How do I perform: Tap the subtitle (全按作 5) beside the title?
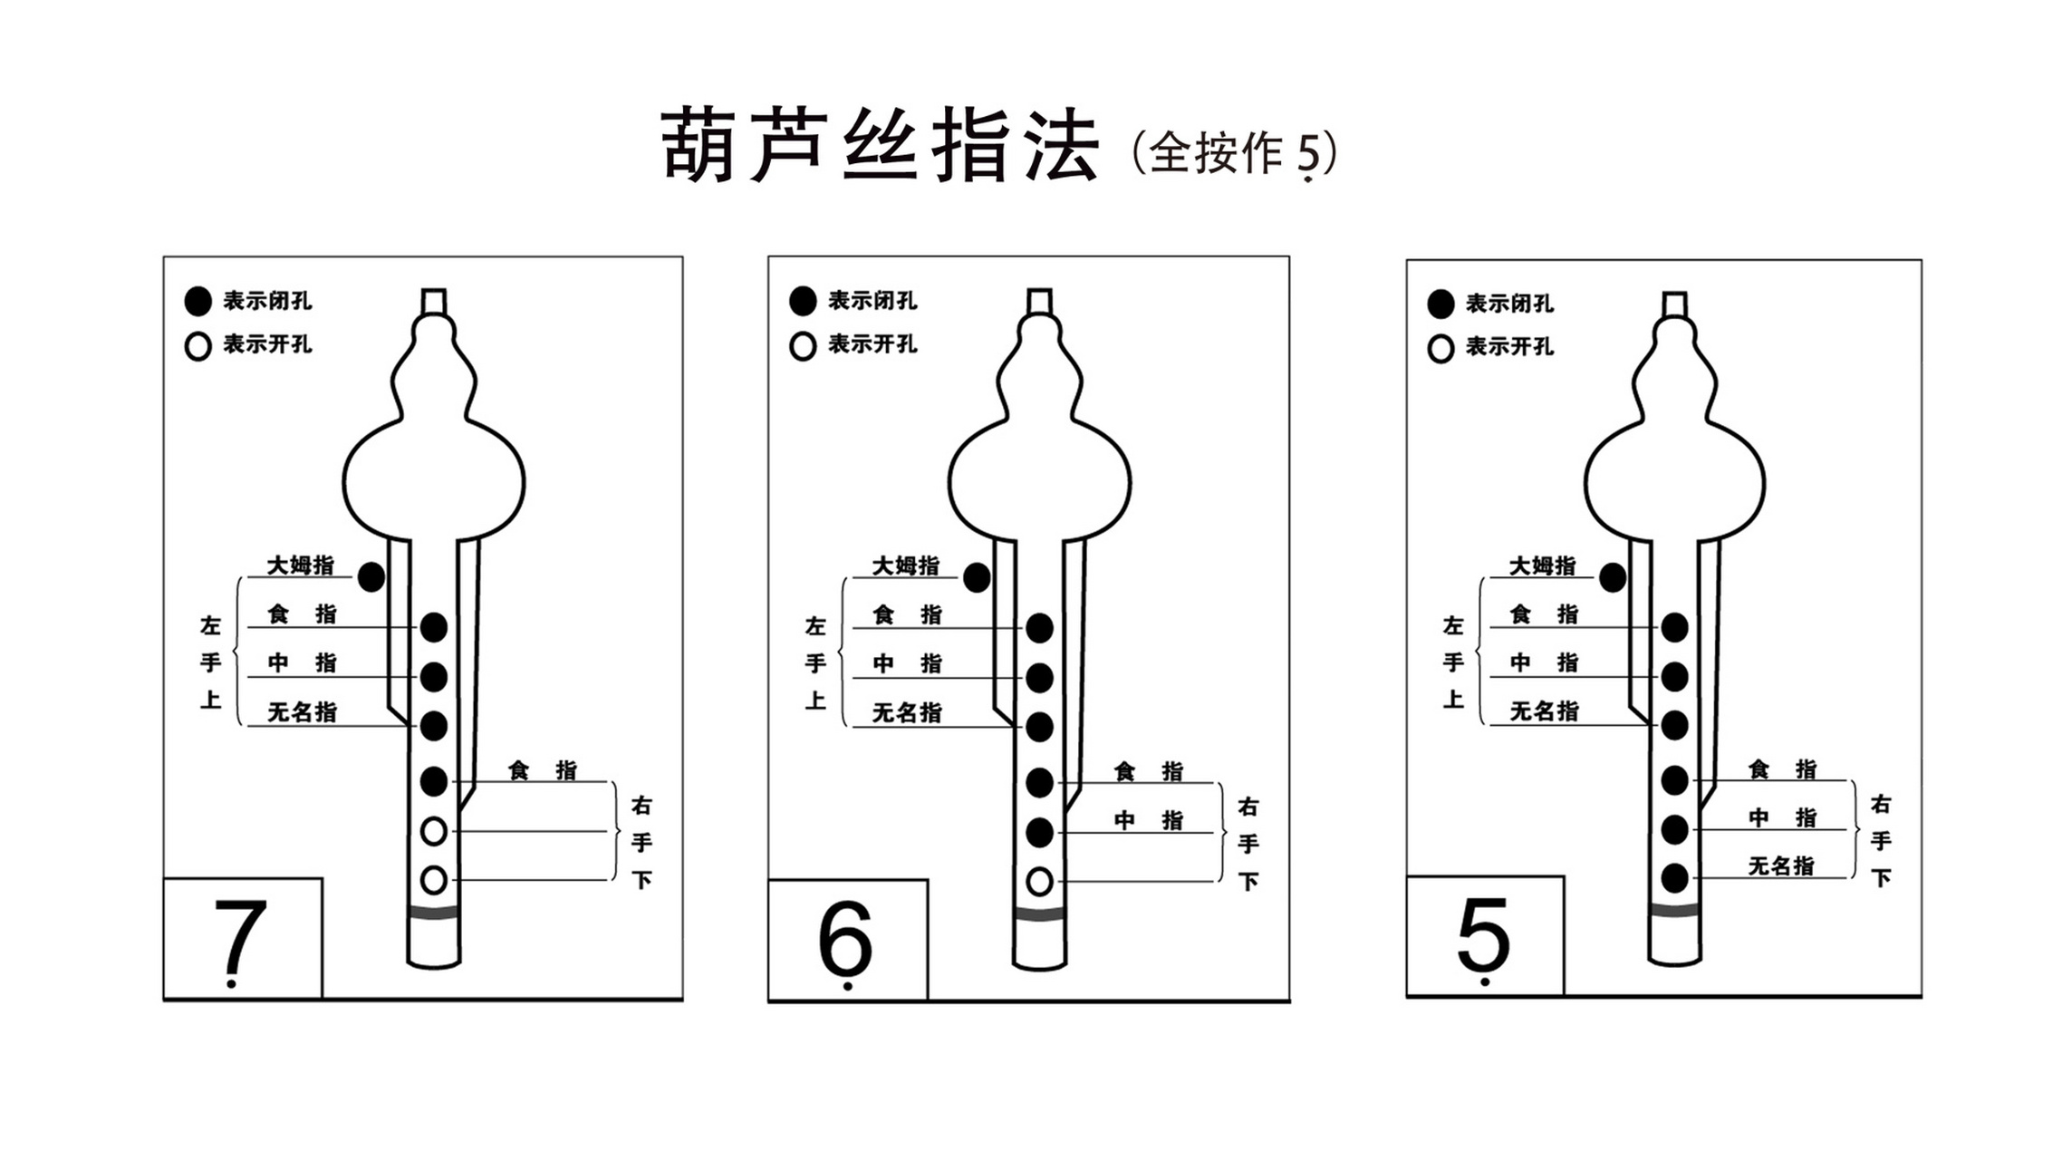[x=1234, y=152]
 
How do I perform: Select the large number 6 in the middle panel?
[x=844, y=937]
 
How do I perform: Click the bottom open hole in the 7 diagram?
[x=434, y=879]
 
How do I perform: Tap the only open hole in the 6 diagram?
[x=1039, y=881]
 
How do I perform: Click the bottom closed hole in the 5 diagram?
[x=1674, y=877]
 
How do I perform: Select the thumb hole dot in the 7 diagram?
[x=371, y=576]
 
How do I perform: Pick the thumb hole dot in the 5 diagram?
[x=1613, y=577]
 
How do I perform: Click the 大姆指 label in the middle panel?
[x=905, y=565]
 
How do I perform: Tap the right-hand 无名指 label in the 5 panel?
[x=1780, y=865]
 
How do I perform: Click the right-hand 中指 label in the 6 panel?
[x=1148, y=820]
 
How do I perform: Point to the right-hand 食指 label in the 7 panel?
[x=542, y=770]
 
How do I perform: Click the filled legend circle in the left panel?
[x=198, y=301]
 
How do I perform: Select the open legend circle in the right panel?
[x=1441, y=348]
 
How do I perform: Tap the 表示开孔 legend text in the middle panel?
[x=872, y=344]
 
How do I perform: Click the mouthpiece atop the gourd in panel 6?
[x=1039, y=301]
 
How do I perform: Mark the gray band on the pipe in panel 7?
[x=434, y=913]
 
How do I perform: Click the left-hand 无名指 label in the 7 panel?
[x=302, y=712]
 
